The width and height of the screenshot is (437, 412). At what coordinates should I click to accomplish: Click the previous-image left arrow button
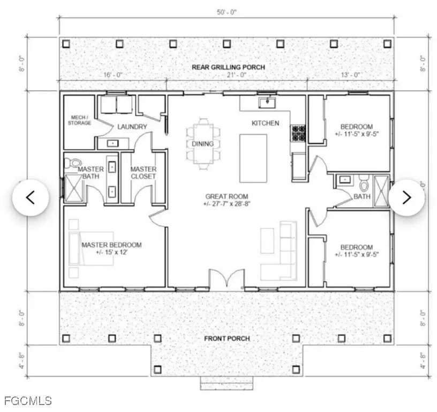click(x=31, y=197)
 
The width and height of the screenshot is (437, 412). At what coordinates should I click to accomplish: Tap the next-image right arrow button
click(x=406, y=197)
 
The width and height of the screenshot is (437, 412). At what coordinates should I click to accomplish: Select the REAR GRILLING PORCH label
click(x=228, y=67)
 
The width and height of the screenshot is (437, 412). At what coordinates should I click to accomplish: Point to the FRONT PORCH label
click(x=227, y=339)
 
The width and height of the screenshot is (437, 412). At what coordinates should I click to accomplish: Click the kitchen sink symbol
click(x=265, y=101)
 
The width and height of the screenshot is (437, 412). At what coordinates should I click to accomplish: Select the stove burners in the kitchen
click(x=298, y=133)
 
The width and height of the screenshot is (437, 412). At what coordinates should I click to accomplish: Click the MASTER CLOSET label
click(x=143, y=173)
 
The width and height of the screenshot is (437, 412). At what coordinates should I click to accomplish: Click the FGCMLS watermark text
click(x=28, y=400)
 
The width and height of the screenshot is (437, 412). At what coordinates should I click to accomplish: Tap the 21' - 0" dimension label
click(x=236, y=76)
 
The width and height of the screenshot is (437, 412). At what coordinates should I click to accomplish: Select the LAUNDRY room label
click(x=132, y=127)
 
